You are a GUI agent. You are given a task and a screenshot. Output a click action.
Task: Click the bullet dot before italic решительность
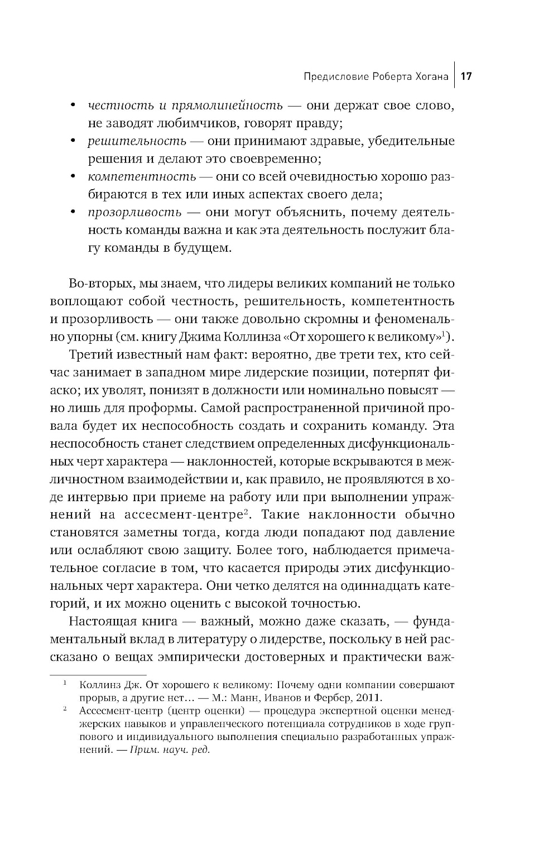pyautogui.click(x=73, y=141)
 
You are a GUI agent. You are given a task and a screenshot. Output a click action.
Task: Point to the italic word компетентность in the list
pyautogui.click(x=142, y=177)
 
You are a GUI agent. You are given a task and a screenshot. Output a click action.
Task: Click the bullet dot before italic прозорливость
pyautogui.click(x=73, y=213)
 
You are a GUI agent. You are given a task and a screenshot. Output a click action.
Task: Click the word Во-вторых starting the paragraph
pyautogui.click(x=99, y=283)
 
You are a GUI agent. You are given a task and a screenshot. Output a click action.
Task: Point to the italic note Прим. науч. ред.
pyautogui.click(x=169, y=749)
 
